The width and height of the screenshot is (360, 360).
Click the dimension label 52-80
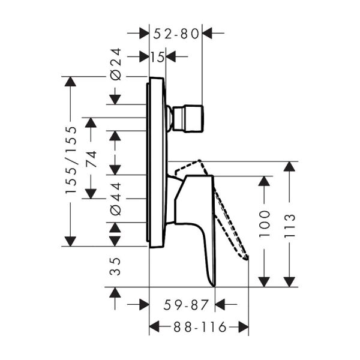[175, 34]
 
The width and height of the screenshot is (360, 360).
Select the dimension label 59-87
[185, 305]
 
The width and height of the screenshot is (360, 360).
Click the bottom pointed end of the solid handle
[211, 284]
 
